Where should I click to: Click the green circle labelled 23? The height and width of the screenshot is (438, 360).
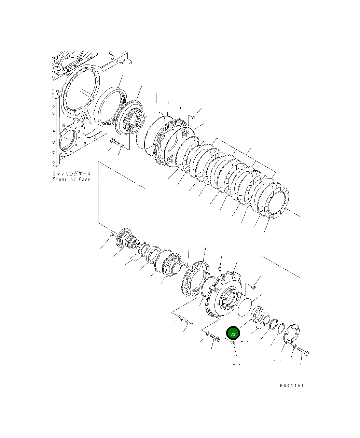[233, 334]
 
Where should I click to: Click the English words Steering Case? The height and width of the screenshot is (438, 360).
[71, 180]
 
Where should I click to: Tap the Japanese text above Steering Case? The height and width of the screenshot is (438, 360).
[71, 174]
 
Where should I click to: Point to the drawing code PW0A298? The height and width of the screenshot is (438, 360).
[291, 386]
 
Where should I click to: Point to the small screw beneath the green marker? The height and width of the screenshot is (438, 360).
[233, 343]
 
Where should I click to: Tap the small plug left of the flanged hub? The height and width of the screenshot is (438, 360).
[111, 234]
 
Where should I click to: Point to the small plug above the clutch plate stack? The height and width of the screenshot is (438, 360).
[193, 118]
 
